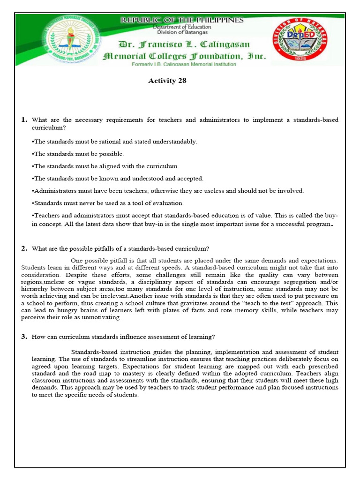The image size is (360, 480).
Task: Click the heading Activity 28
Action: point(167,81)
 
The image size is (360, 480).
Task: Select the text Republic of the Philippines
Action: point(182,20)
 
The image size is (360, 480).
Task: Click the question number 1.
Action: point(24,120)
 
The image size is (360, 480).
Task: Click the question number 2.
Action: point(24,248)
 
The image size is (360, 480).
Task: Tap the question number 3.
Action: point(24,337)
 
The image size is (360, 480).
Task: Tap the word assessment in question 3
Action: point(159,337)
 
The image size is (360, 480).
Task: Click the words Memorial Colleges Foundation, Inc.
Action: point(184,56)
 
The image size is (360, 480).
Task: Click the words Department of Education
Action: point(182,27)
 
